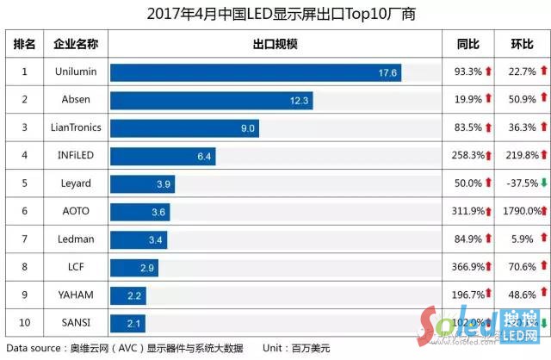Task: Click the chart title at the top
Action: coord(275,14)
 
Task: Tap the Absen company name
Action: coord(76,100)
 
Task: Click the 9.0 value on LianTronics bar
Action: coord(248,128)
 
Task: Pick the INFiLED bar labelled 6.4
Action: coord(163,156)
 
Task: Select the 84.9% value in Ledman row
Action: coord(466,239)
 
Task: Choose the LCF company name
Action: coord(76,267)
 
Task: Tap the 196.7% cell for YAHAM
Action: coord(466,295)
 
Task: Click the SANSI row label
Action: coord(76,323)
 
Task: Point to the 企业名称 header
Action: coord(76,44)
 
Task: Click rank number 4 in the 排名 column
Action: coord(25,156)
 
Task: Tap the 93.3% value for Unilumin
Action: coord(466,72)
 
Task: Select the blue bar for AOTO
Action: coord(139,212)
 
